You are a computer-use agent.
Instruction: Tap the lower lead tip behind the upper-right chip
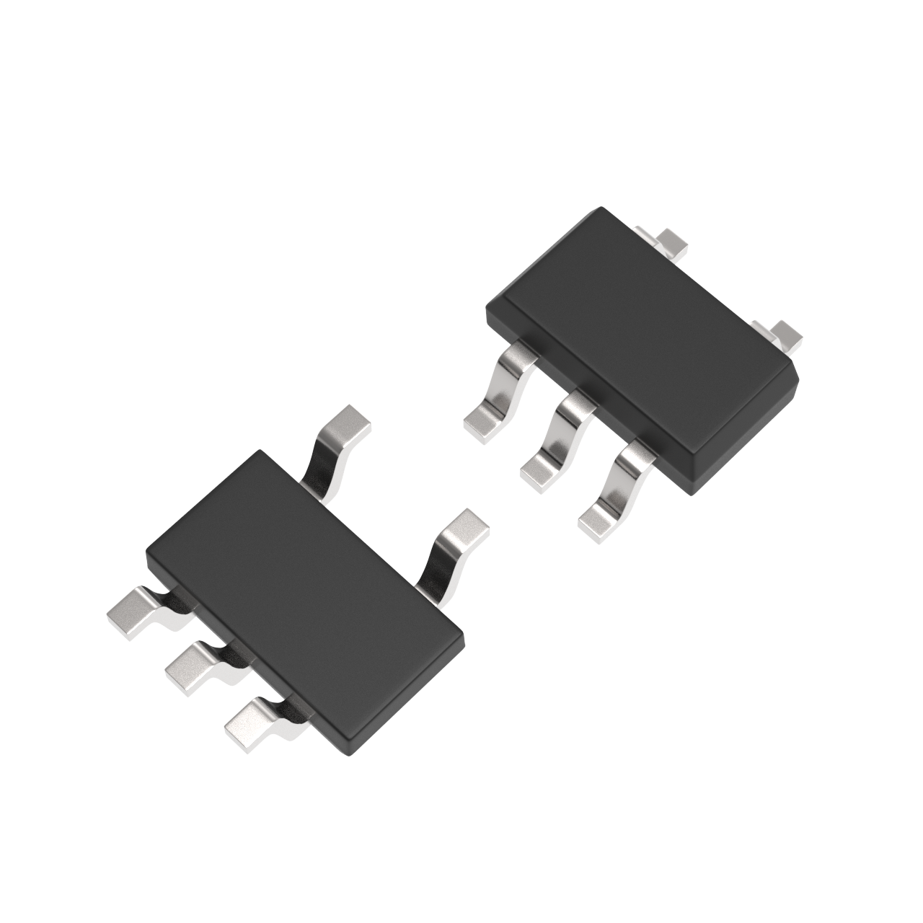785,334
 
